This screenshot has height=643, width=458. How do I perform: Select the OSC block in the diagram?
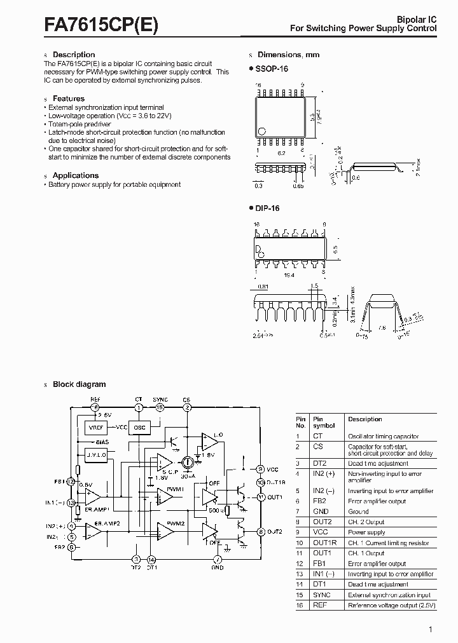click(x=140, y=428)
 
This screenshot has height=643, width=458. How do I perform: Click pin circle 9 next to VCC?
click(x=260, y=469)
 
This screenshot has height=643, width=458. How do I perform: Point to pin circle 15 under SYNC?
click(x=160, y=407)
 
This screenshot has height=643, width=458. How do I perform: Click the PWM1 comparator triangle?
click(x=165, y=496)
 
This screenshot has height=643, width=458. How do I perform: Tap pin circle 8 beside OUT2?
click(x=260, y=531)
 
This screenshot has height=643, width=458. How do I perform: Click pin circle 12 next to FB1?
click(x=71, y=482)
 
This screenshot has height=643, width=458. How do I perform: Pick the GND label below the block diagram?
click(x=218, y=568)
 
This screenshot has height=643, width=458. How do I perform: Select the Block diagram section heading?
click(x=79, y=384)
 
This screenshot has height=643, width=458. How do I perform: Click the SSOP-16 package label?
click(x=271, y=68)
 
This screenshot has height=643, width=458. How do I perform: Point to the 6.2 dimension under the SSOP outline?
click(x=282, y=152)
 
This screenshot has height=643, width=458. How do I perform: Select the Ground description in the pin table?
click(x=358, y=511)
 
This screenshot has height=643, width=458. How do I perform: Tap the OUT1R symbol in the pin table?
click(x=323, y=543)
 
